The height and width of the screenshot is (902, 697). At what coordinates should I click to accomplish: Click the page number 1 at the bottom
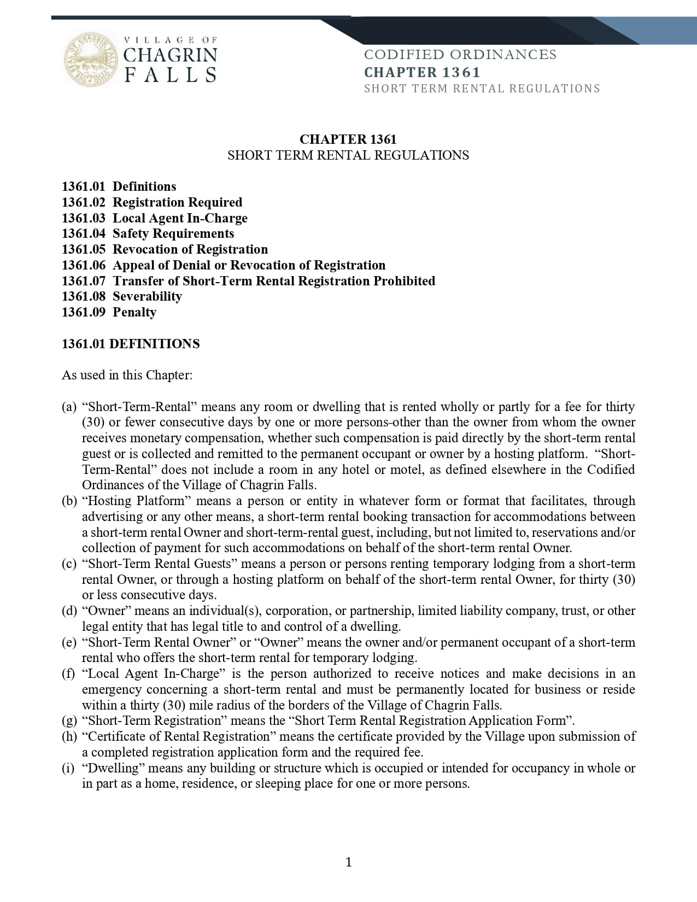coord(349,863)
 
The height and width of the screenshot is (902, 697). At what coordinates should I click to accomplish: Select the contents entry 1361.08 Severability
coord(122,296)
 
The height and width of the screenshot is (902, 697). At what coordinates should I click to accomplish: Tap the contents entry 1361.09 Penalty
coord(109,312)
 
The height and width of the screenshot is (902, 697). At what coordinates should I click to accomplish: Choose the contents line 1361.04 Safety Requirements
coord(148,233)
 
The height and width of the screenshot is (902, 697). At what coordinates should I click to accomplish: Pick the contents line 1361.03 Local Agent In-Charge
coord(155,218)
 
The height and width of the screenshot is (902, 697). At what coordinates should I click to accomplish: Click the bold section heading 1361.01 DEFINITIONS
coord(131,344)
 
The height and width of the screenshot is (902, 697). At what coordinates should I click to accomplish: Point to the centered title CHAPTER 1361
coord(348,139)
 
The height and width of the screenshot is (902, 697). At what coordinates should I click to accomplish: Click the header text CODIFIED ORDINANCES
coord(460,55)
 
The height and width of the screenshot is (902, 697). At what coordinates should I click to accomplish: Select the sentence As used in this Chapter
coord(127,375)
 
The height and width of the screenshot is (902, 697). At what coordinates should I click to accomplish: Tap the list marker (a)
coord(69,407)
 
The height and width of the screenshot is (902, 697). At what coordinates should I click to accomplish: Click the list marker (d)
coord(69,611)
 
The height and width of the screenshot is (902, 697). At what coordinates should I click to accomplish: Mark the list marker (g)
coord(69,721)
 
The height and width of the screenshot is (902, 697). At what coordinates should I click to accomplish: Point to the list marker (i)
coord(68,768)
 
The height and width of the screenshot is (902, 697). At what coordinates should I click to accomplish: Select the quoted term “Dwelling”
coord(113,768)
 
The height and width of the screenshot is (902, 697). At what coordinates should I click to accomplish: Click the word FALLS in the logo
coord(171,75)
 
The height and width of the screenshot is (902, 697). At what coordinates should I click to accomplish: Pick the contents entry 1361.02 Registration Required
coord(152,202)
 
